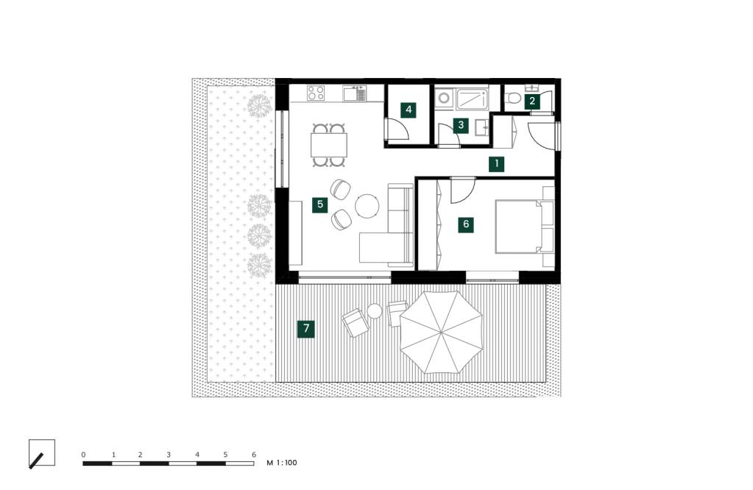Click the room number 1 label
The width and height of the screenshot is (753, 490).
[498, 164]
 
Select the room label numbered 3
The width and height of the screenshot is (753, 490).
[461, 125]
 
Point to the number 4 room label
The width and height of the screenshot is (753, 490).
[409, 110]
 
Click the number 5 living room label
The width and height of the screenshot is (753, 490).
[319, 205]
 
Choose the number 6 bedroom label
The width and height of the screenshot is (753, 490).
[465, 224]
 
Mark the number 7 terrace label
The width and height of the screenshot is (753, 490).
[305, 329]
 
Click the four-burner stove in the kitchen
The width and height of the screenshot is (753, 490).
[317, 93]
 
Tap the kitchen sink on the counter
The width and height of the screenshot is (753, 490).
[361, 93]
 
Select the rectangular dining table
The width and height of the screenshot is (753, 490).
[328, 144]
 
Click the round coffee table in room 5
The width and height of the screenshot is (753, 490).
[367, 206]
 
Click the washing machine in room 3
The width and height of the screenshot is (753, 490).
[444, 99]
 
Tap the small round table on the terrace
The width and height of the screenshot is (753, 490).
[375, 312]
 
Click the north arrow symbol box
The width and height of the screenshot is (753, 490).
[41, 453]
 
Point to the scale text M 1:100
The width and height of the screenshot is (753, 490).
[281, 464]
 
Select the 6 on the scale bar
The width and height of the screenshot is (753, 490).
[253, 455]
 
